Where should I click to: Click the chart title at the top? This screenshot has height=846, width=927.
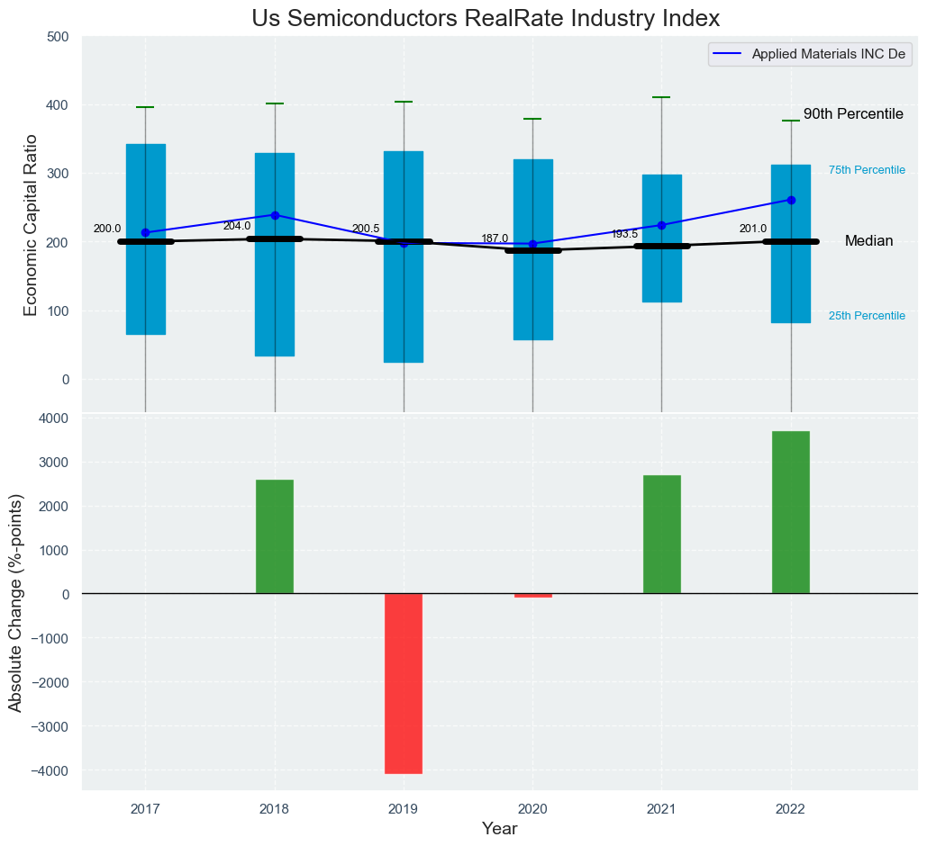pos(486,19)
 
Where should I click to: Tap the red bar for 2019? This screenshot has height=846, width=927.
pos(404,683)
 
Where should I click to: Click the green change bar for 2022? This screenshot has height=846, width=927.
pos(791,512)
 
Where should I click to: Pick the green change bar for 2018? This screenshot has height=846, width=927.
pos(275,536)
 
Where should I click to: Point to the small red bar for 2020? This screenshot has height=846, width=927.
pos(532,595)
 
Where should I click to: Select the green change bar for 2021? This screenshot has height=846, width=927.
pos(661,535)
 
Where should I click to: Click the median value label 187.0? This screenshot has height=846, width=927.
pos(495,238)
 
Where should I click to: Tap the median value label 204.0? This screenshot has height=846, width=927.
pos(237,226)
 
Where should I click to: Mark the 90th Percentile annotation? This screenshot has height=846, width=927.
pos(852,114)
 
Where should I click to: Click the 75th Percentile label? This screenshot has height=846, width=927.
pos(867,170)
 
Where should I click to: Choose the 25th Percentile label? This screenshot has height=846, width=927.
pos(867,316)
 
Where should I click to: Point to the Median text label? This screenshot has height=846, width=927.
pos(868,241)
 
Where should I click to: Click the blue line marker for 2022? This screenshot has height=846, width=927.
pos(791,200)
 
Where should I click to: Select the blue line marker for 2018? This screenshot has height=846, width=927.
pos(275,215)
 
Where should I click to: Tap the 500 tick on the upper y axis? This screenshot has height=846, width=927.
pos(58,37)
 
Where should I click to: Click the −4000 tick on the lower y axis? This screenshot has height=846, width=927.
pos(50,770)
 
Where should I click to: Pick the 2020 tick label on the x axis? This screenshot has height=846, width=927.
pos(532,809)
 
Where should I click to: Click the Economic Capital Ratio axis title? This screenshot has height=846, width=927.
pos(31,224)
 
